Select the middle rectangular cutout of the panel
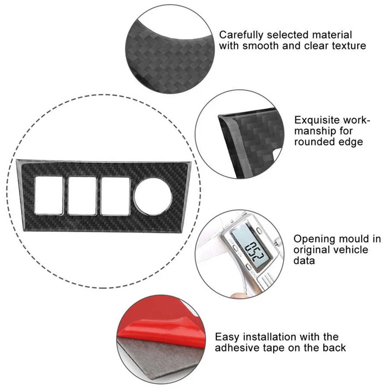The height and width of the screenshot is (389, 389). point(82,196)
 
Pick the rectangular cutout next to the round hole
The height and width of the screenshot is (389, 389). point(115,196)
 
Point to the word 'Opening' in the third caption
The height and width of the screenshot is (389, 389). point(312,239)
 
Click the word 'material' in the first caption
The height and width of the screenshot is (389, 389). point(333,35)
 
